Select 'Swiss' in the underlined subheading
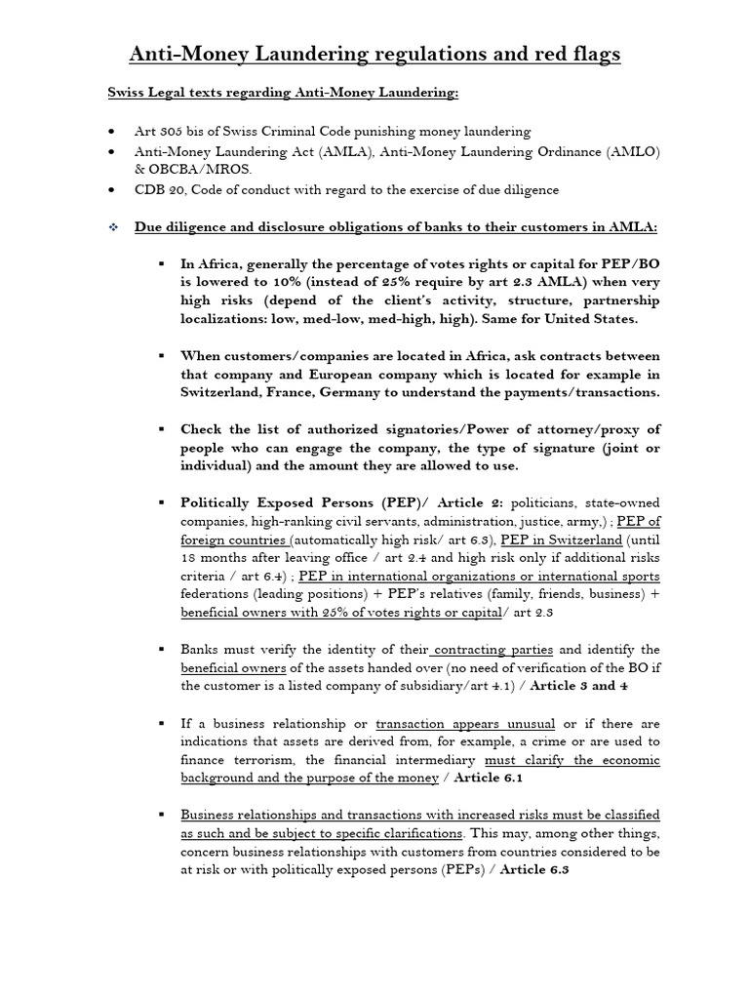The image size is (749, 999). (128, 93)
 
